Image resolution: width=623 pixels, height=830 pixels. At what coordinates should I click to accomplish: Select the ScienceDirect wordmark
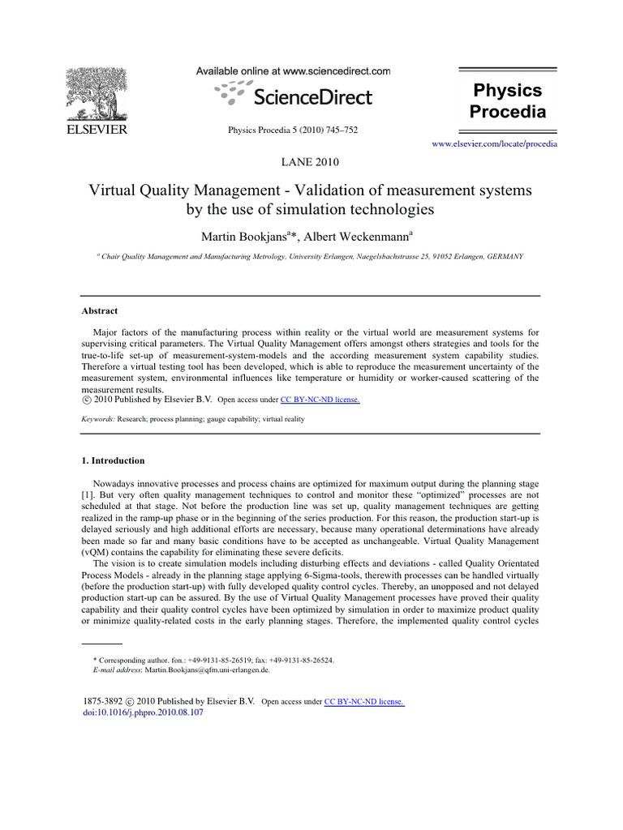312,98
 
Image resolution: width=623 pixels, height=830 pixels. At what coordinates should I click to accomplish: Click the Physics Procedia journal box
509,100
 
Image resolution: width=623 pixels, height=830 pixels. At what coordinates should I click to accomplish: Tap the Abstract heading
100,310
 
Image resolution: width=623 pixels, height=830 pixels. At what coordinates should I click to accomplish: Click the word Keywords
98,420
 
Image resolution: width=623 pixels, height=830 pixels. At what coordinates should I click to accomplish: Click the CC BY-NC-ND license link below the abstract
320,400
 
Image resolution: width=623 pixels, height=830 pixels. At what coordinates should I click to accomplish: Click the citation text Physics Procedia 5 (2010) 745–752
293,130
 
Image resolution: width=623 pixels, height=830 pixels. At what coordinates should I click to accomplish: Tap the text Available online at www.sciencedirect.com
293,71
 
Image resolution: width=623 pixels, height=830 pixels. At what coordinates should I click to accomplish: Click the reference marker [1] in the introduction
88,494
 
